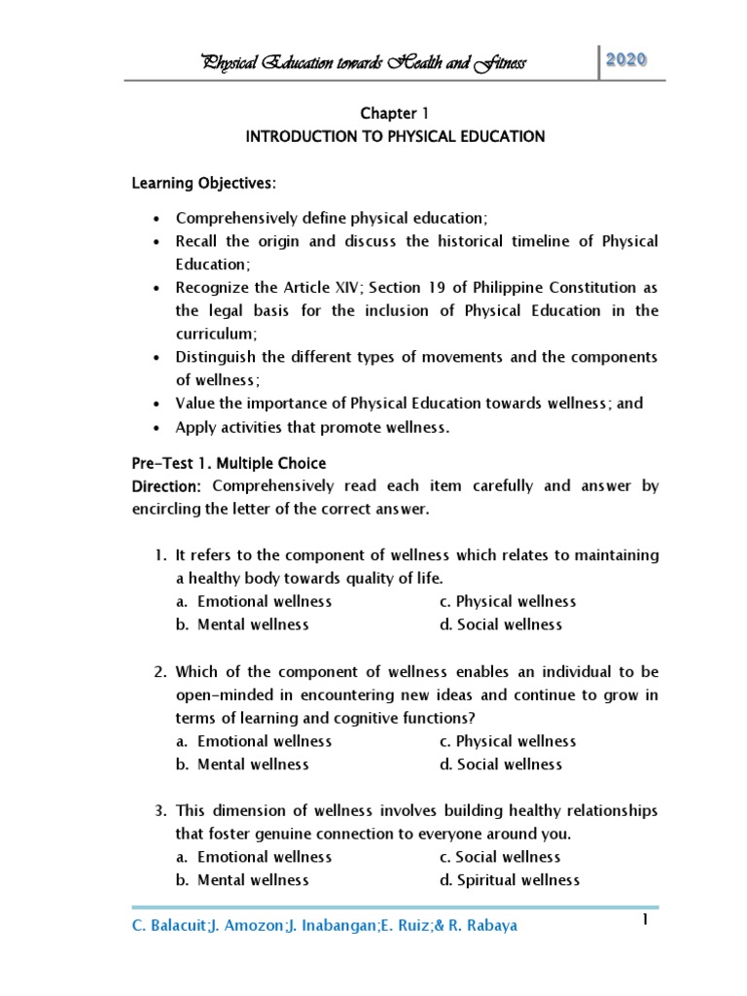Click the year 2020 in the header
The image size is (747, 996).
click(632, 59)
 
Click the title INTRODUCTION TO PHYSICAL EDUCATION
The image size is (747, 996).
click(395, 137)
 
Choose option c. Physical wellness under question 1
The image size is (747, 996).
click(507, 601)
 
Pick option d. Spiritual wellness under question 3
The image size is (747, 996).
click(509, 880)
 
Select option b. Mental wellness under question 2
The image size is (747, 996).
click(242, 765)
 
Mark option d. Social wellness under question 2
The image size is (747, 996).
click(500, 765)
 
